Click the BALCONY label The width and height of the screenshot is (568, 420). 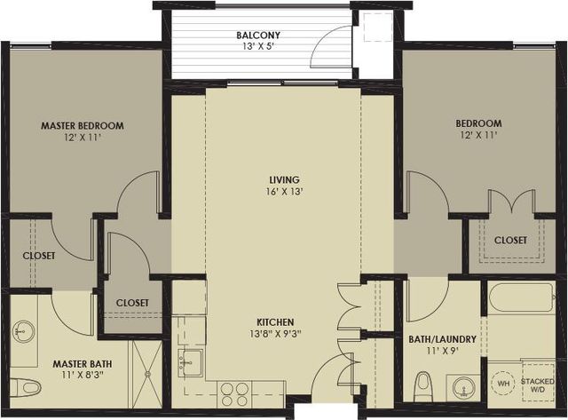(258, 36)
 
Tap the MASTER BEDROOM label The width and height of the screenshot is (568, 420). (83, 126)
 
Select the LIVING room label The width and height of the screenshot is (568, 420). (284, 179)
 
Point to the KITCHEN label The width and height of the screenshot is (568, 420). (275, 321)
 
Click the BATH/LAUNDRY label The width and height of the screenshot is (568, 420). (442, 339)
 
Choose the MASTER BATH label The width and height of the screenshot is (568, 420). (83, 363)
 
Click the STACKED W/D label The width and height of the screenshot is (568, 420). (538, 385)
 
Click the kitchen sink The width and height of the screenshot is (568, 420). (190, 363)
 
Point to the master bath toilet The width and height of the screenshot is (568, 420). (25, 387)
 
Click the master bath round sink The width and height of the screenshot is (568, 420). (24, 331)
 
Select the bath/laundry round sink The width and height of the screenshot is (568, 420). (463, 388)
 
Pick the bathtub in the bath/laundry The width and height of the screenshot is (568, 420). (521, 297)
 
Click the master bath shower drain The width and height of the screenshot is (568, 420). (147, 373)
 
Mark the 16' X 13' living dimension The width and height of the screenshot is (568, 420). (284, 192)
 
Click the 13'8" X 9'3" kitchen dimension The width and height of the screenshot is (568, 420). (275, 334)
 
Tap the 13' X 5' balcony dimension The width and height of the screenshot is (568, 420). (258, 47)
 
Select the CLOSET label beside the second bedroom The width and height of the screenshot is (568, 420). (510, 240)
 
